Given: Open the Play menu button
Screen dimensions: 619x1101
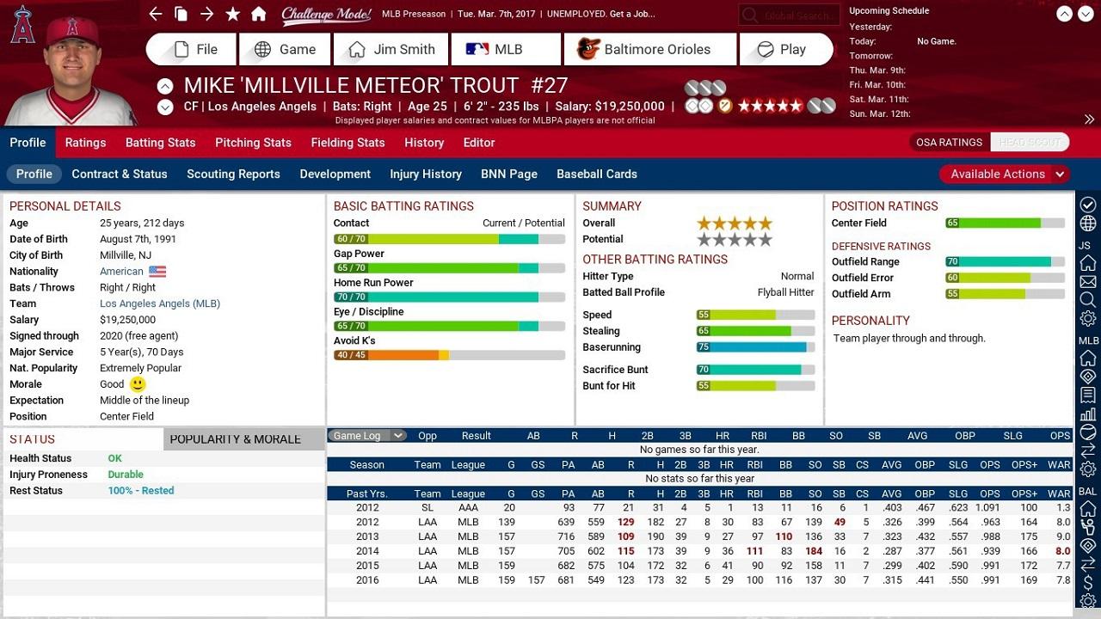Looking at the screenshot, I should tap(785, 50).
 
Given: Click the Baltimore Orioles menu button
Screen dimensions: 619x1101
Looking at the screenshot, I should tap(649, 50).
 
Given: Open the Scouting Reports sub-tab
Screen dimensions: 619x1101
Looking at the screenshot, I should tap(233, 174).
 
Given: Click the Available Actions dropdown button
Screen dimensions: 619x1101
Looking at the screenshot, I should tap(1004, 174).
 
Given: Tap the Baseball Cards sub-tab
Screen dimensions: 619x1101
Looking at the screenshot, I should tap(597, 174).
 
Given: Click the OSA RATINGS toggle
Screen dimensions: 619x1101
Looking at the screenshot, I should tap(949, 143).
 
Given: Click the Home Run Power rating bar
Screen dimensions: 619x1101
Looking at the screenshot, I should tap(449, 297).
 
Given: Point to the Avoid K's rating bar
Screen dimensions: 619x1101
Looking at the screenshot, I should tap(449, 355).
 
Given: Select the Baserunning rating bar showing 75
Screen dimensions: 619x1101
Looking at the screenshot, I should tap(755, 347).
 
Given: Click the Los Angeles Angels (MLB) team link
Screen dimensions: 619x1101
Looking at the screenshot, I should tap(160, 303).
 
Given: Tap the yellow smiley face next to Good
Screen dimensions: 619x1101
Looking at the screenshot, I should tap(138, 384).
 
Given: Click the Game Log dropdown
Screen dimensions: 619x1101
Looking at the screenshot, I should tap(367, 436).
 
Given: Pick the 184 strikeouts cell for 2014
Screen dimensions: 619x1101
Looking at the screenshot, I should tap(814, 551).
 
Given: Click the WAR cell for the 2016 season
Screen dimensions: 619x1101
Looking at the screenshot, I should tap(1063, 580).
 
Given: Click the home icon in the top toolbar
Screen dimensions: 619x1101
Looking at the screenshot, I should tap(258, 15).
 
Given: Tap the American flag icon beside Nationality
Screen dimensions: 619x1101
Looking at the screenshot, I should tap(157, 272).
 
